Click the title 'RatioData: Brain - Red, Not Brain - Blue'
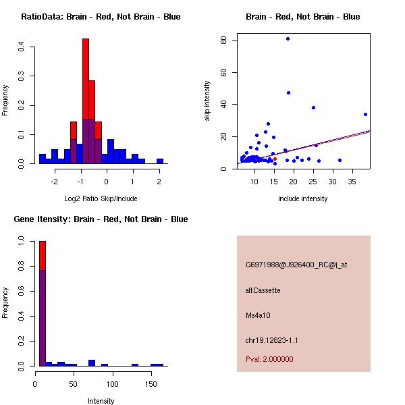coord(101,16)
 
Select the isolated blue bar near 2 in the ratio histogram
coord(160,161)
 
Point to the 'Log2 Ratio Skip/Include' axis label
coord(101,198)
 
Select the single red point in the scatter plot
coord(275,159)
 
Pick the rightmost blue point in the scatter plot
coord(365,114)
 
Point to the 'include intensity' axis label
coord(302,198)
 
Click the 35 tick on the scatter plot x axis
coord(352,182)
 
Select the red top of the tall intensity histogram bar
coord(42,254)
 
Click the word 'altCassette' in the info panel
coord(263,290)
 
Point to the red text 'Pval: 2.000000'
coord(269,359)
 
